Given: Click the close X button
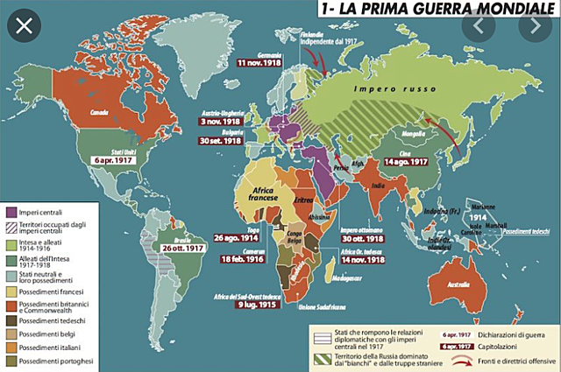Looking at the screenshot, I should tap(25, 25).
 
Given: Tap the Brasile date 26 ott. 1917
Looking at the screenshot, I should tap(181, 248).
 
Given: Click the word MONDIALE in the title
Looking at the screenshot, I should tap(497, 10).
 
